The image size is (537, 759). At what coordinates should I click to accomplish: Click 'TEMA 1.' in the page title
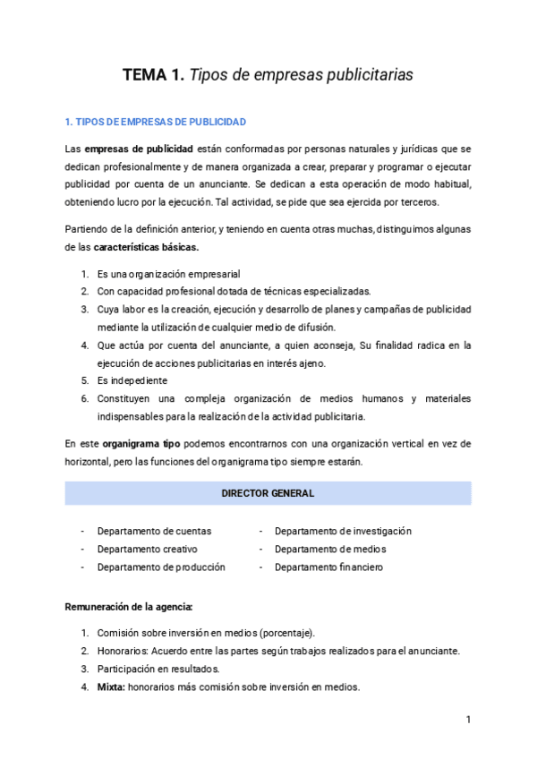pos(153,76)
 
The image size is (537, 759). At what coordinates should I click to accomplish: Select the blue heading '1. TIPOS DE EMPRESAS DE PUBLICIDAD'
pos(156,122)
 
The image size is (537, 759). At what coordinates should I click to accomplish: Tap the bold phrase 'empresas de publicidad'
pos(135,148)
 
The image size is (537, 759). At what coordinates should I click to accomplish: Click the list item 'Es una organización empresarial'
pos(168,273)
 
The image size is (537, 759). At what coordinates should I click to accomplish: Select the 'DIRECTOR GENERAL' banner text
pos(268,493)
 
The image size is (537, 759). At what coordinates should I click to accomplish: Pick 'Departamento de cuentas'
pos(154,531)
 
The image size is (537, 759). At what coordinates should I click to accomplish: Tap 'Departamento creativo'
pos(148,549)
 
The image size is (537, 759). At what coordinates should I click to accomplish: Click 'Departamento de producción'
pos(161,567)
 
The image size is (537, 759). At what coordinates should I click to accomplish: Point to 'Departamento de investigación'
pos(343,531)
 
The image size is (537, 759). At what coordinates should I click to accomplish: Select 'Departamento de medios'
pos(330,549)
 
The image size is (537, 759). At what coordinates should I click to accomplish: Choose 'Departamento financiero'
pos(328,567)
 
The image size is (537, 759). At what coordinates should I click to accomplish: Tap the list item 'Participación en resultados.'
pos(158,669)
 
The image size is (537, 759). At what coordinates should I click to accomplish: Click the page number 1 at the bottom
pos(468,720)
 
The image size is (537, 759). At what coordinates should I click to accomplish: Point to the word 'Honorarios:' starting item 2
pos(123,651)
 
